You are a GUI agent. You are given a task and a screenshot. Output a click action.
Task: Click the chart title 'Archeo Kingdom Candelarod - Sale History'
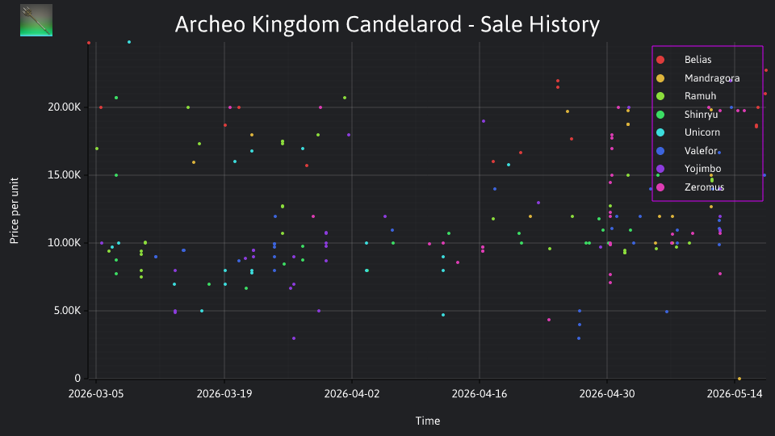[387, 24]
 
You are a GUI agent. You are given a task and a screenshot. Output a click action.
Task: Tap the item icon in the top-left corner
[36, 20]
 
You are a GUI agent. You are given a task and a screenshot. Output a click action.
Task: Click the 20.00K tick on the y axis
[65, 107]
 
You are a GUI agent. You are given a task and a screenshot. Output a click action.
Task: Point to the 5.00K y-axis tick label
[67, 311]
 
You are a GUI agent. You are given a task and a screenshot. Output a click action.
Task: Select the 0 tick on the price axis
[77, 378]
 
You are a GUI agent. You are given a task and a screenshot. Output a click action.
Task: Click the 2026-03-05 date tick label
[96, 394]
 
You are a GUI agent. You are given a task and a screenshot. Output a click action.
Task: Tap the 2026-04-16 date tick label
[480, 394]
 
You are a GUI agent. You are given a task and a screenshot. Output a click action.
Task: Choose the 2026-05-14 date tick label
[735, 394]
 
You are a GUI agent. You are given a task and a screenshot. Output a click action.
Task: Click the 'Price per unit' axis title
[15, 211]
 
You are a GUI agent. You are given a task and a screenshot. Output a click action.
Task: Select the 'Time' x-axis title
[428, 421]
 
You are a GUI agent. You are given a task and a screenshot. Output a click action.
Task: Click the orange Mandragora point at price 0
[739, 379]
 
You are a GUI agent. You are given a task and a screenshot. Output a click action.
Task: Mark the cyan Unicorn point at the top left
[129, 42]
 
